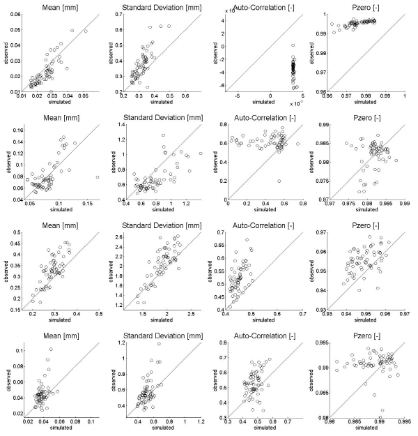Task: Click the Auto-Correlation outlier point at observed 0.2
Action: point(278,181)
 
